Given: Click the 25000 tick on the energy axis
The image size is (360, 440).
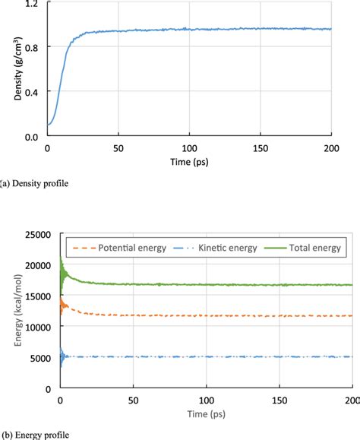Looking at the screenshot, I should [39, 234].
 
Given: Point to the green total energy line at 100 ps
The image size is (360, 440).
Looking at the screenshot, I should [207, 285].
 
